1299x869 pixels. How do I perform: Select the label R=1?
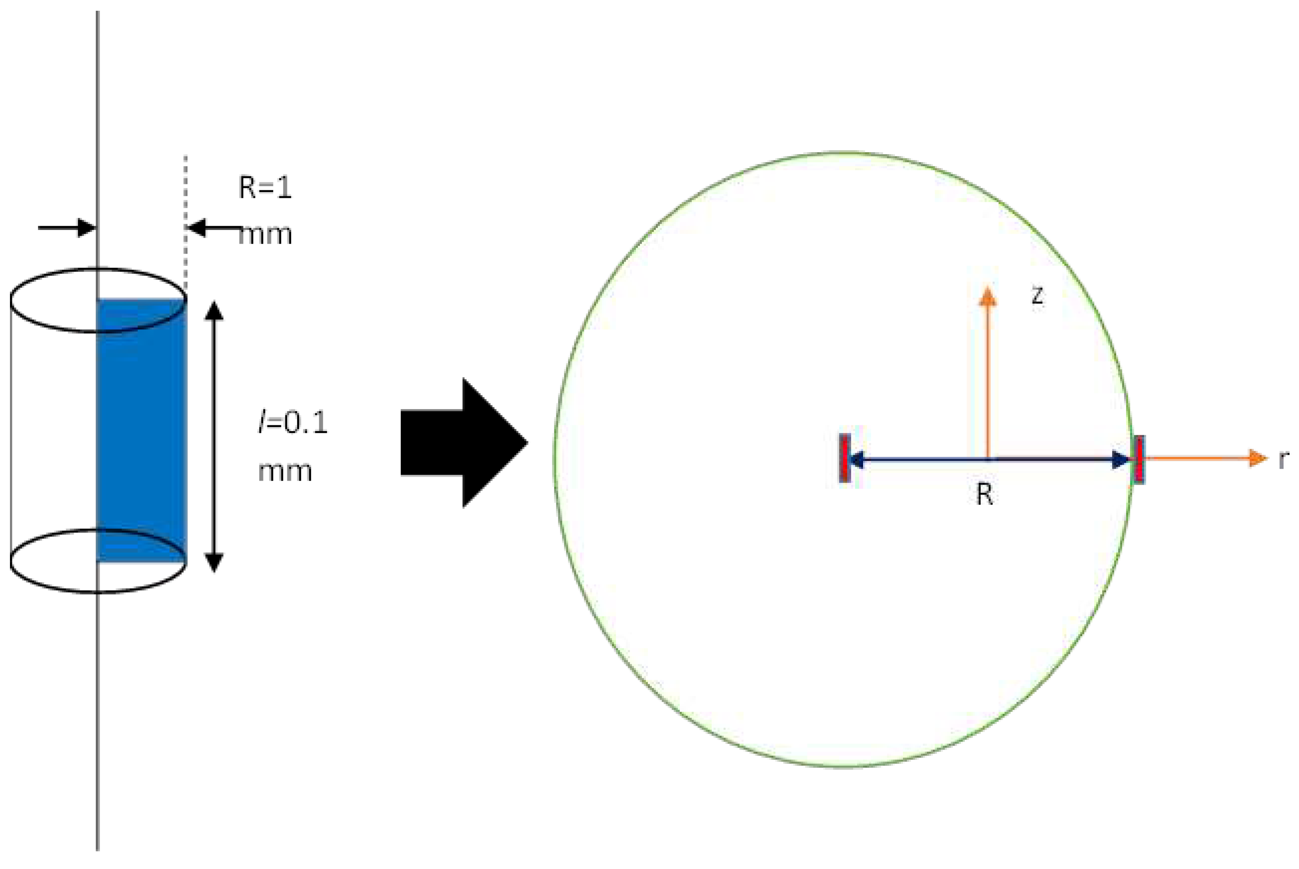pos(265,188)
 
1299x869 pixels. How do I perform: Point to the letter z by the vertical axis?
pos(1037,296)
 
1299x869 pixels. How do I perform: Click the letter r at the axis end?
pos(1283,460)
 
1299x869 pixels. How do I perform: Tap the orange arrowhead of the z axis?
pos(987,296)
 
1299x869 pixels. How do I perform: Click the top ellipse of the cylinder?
pos(55,277)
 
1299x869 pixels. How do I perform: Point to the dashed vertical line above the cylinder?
pos(185,222)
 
